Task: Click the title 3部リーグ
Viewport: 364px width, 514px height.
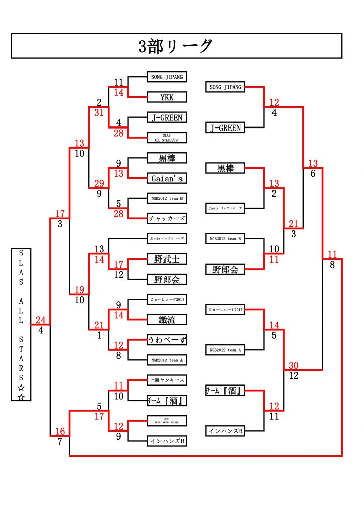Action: click(x=176, y=46)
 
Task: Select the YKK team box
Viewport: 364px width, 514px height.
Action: click(x=167, y=97)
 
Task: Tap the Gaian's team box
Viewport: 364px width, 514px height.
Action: click(x=167, y=178)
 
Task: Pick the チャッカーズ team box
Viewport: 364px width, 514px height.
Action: click(x=167, y=218)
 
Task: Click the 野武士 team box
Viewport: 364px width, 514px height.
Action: click(x=167, y=259)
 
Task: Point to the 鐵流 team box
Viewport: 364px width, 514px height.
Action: click(x=167, y=319)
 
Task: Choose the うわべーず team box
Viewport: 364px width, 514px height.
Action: click(x=167, y=340)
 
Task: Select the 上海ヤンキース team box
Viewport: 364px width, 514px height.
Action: click(x=167, y=380)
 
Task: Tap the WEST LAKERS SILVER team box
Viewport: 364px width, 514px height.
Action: click(x=167, y=420)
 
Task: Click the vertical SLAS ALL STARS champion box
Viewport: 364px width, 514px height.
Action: click(x=21, y=324)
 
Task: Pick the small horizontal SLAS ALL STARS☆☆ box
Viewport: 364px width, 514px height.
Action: click(x=167, y=137)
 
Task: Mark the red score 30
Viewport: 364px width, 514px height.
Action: click(x=295, y=365)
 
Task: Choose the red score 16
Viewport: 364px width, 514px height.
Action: click(x=60, y=431)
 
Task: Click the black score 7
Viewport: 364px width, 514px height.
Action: click(x=60, y=441)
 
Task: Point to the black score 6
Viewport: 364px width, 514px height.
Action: click(x=313, y=173)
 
